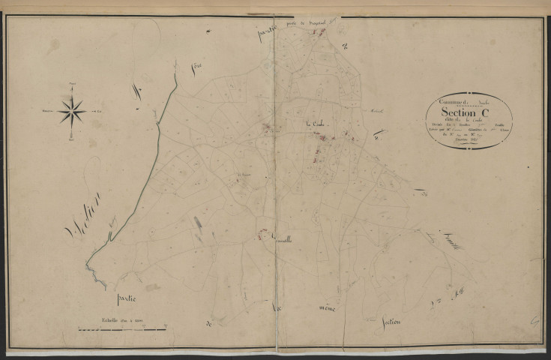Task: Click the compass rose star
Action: point(72,111)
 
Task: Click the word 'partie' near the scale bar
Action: point(130,298)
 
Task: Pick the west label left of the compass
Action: point(47,111)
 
